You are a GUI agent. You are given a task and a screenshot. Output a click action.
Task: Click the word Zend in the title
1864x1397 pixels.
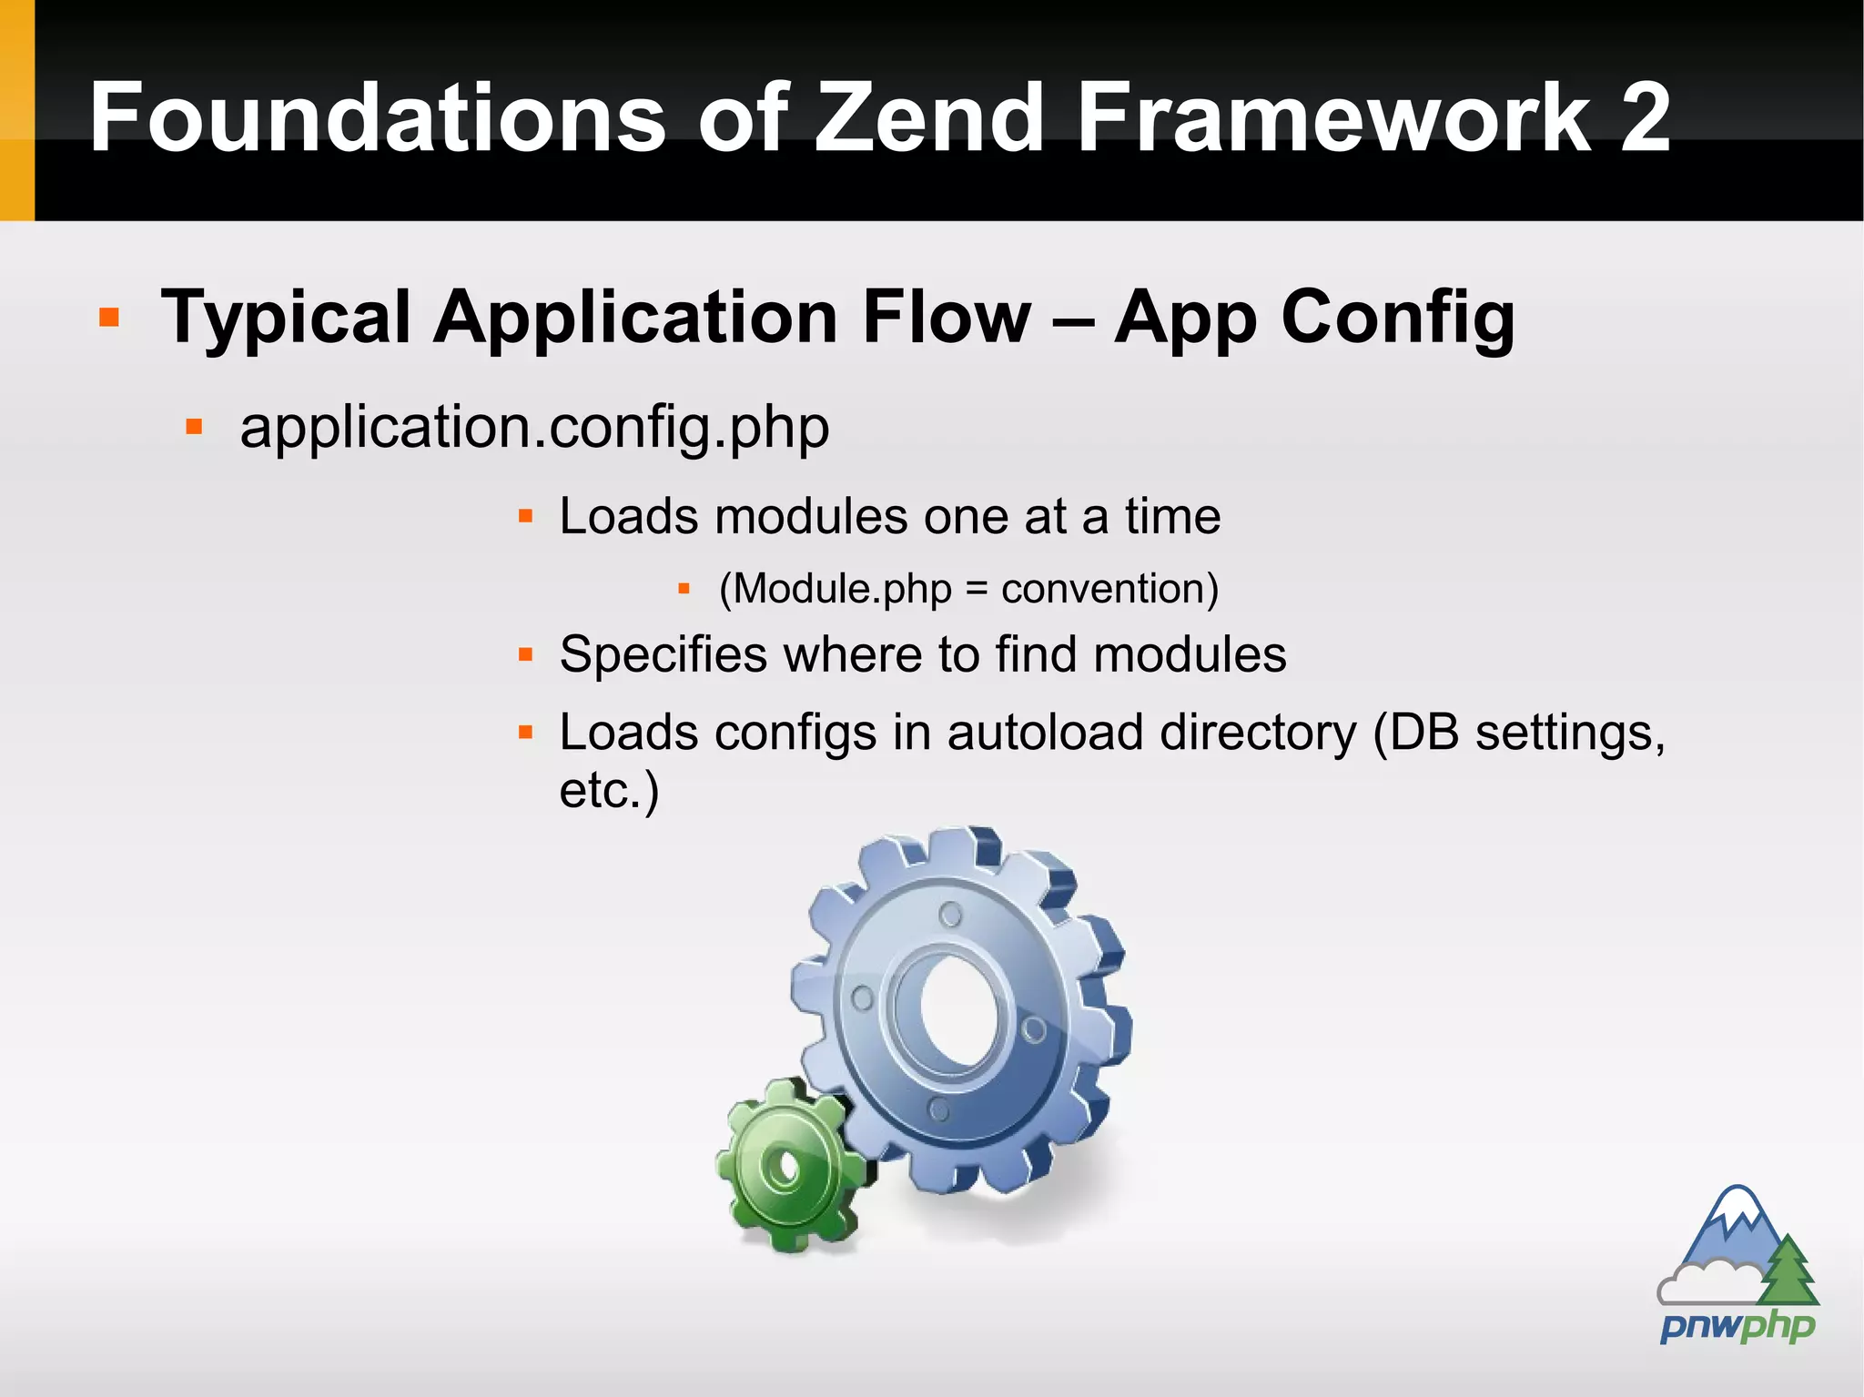tap(928, 118)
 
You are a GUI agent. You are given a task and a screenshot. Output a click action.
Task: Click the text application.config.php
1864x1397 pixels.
tap(534, 428)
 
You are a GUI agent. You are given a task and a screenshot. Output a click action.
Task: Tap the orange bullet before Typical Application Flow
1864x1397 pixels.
tap(109, 317)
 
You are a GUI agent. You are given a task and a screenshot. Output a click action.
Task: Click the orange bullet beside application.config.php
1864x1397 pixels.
tap(194, 427)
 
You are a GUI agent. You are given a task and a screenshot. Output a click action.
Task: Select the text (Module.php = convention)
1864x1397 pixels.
tap(968, 589)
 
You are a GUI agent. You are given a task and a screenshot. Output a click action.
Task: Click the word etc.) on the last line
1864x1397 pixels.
tap(608, 790)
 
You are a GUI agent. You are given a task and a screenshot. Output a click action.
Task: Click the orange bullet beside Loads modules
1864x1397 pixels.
tap(525, 517)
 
